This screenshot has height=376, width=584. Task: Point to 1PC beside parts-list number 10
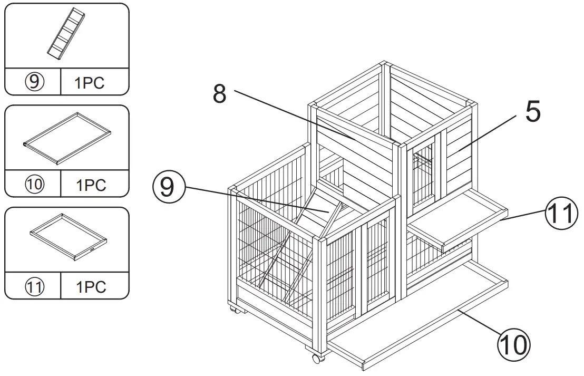point(91,185)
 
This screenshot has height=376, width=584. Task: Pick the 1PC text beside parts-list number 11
point(91,287)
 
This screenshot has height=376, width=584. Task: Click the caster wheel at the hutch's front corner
point(317,359)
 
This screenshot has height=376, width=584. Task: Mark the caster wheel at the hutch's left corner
point(234,310)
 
